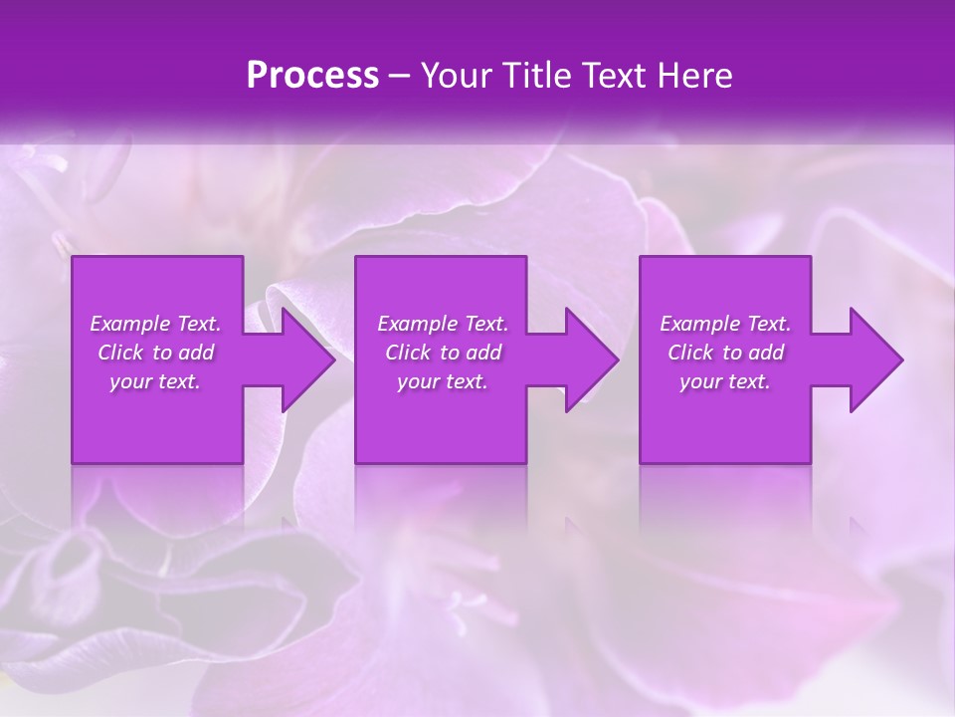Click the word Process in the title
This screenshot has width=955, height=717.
[x=312, y=76]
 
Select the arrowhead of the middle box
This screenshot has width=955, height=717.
[x=590, y=359]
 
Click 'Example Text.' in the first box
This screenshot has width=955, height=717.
[x=155, y=324]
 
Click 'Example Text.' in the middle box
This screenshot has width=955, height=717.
[x=443, y=324]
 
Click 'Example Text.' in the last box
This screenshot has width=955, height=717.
[x=725, y=324]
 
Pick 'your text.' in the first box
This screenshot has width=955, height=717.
[x=155, y=381]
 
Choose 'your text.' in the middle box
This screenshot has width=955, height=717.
[x=443, y=381]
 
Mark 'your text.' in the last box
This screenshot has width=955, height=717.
[x=725, y=381]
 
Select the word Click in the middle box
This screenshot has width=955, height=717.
[x=408, y=353]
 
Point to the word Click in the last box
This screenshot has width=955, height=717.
[x=690, y=353]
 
